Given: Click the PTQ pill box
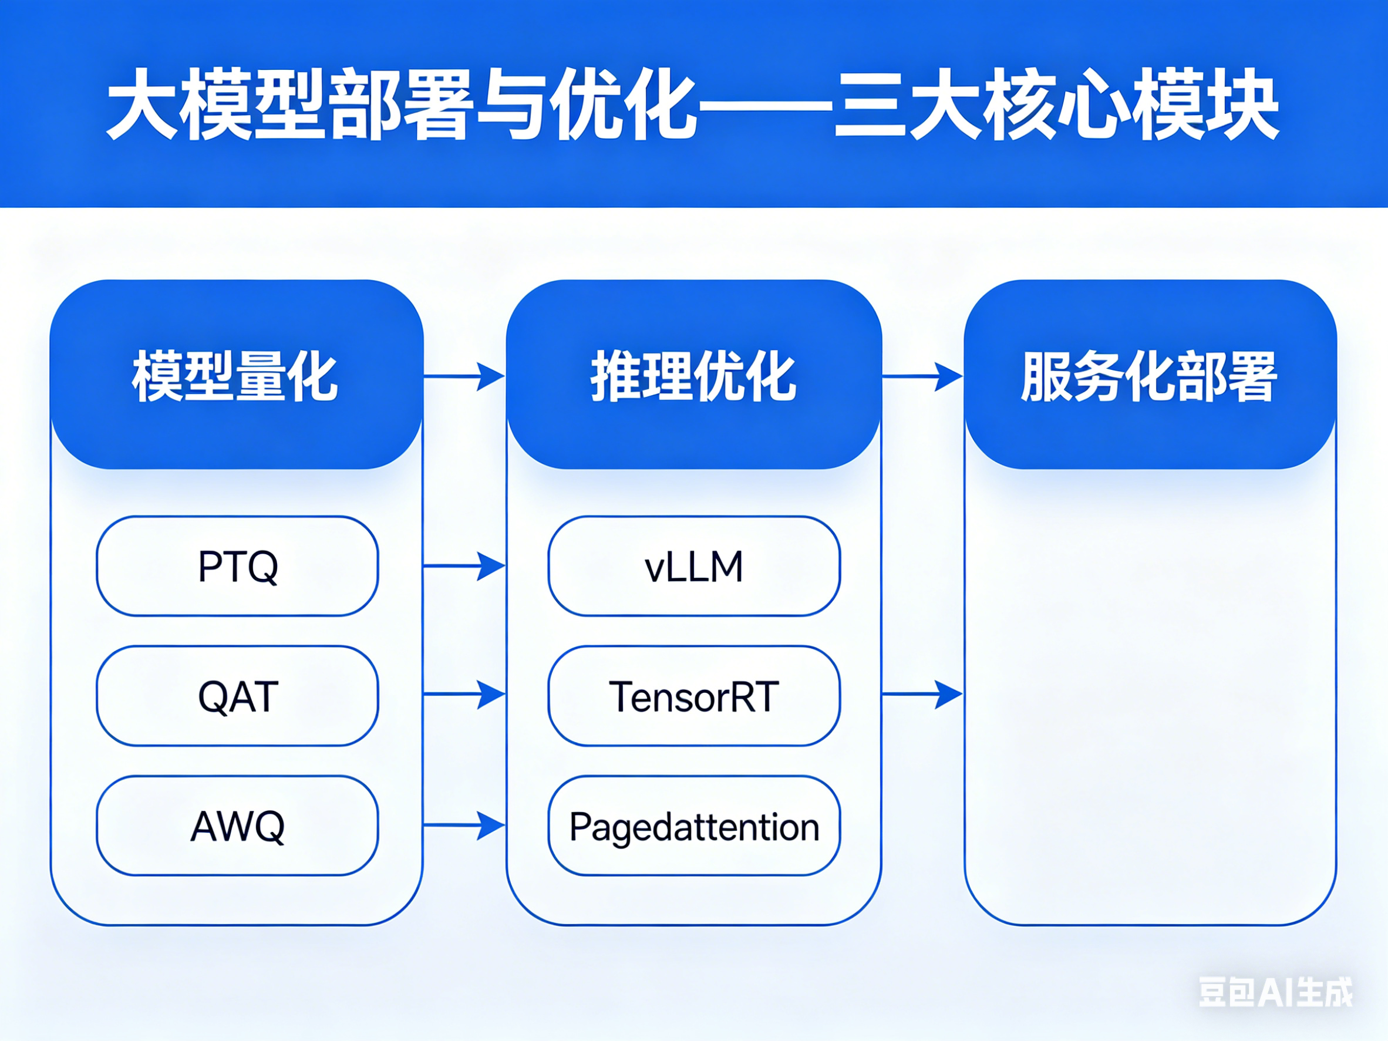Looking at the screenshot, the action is point(237,566).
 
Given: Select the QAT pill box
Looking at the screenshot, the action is point(237,696).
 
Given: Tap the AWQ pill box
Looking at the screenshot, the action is point(237,826).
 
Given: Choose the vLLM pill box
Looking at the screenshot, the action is point(694,566).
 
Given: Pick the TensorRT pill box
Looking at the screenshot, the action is point(694,696).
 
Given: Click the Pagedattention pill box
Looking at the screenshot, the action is point(694,826).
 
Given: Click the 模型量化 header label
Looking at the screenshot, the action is point(235,376).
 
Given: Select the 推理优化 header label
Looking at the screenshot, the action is point(693,376).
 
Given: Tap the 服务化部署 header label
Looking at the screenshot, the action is point(1149,376).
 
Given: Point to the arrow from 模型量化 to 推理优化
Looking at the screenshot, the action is point(464,376).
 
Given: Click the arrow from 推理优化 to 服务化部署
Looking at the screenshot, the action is point(922,376).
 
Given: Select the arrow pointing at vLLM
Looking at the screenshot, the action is point(464,566).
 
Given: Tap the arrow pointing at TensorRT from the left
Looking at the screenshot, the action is point(464,695).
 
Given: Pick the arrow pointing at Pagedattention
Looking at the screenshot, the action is point(464,825).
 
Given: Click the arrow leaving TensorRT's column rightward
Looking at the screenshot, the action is point(922,695).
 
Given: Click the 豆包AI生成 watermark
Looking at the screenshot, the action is point(1276,992).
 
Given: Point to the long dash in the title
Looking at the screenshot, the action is point(765,104).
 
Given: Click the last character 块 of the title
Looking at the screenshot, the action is point(1244,104).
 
